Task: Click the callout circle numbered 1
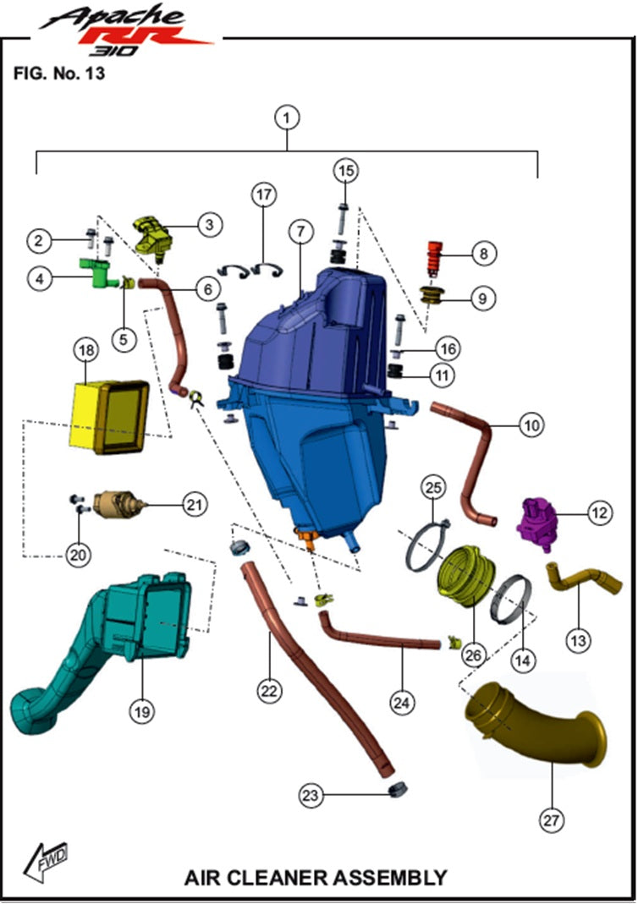(x=288, y=117)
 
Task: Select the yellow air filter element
(x=109, y=415)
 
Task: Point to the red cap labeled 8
(x=434, y=255)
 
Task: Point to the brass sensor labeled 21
(x=118, y=506)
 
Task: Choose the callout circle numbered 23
(x=311, y=794)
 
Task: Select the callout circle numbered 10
(x=531, y=425)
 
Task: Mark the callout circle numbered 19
(x=141, y=712)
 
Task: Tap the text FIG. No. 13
(x=58, y=73)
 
